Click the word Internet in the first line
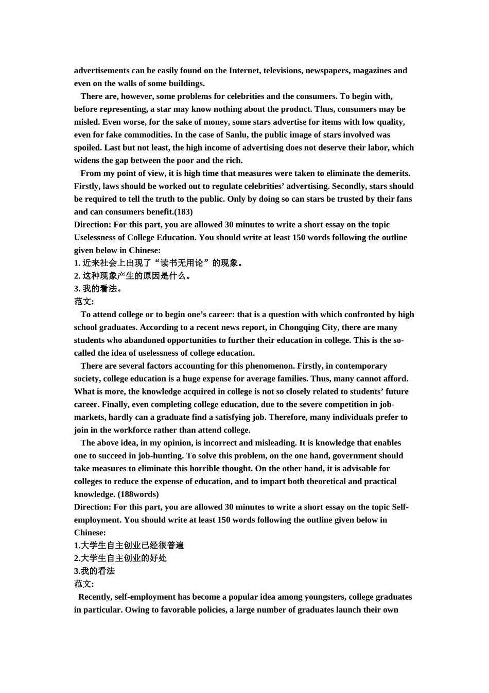[243, 71]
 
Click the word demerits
[392, 174]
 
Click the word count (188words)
[138, 494]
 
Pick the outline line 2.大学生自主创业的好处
[120, 558]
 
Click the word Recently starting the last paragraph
[95, 597]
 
